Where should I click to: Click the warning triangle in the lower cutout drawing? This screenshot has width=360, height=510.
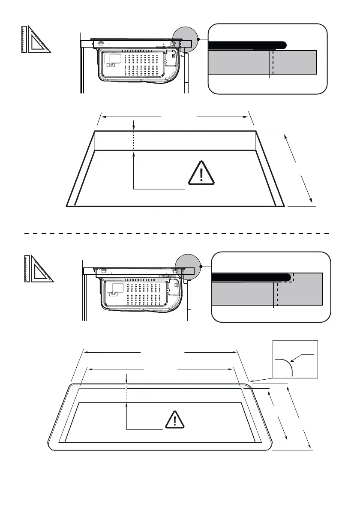(x=175, y=420)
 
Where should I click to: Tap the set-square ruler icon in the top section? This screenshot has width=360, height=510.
(x=36, y=39)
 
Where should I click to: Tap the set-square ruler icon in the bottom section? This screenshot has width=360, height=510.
(x=38, y=269)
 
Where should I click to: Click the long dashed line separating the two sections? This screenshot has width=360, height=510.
(x=176, y=234)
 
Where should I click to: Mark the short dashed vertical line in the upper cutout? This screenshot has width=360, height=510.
(x=134, y=141)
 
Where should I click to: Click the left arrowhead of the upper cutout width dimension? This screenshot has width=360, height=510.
(x=105, y=116)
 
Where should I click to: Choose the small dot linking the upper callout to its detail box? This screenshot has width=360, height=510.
(x=198, y=39)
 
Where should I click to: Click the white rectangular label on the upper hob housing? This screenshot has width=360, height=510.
(x=113, y=60)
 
